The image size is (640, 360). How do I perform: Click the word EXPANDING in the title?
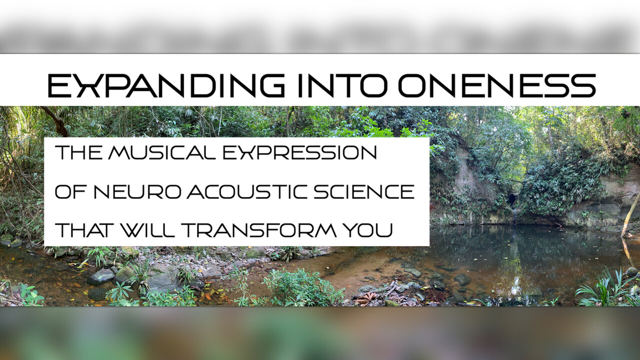tap(166, 85)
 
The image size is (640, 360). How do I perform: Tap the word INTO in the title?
tap(343, 85)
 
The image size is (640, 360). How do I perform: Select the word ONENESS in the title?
tap(497, 85)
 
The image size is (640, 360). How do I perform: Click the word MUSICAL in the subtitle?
tap(161, 152)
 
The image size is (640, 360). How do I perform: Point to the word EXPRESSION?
tap(299, 152)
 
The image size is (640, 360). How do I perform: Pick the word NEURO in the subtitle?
tap(137, 191)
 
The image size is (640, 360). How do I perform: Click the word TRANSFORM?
tap(259, 230)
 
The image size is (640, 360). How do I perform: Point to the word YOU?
tap(368, 230)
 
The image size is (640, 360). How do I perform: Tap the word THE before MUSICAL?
tap(78, 152)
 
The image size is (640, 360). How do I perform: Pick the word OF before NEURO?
tap(71, 191)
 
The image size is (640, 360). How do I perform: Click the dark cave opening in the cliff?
tap(511, 199)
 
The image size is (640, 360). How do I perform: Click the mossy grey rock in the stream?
tap(101, 276)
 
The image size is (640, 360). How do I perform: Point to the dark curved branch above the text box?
tap(55, 120)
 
